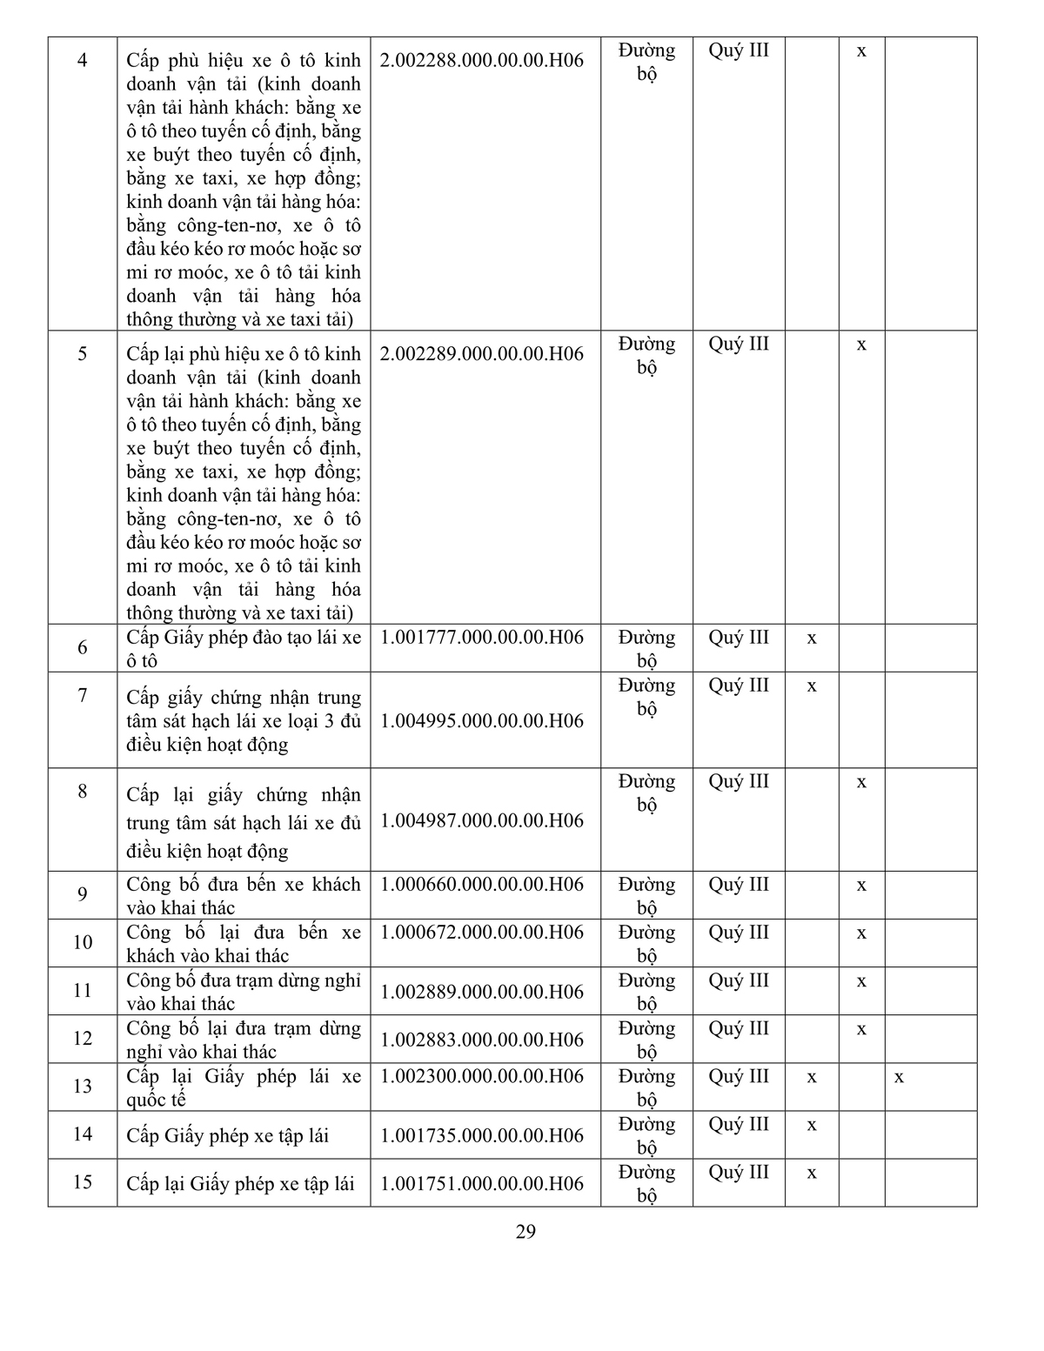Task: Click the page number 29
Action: click(x=525, y=1232)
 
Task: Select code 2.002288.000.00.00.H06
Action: click(x=482, y=61)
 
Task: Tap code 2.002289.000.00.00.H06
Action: click(x=482, y=354)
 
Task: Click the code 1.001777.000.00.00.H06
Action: click(x=482, y=637)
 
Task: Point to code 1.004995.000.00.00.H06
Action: click(x=482, y=720)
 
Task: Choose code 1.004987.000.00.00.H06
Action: click(x=482, y=820)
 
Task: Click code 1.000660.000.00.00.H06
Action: click(x=482, y=884)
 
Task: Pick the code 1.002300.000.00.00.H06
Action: click(x=482, y=1076)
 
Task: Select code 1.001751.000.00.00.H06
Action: click(x=482, y=1183)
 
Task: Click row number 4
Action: click(x=83, y=62)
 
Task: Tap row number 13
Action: click(x=83, y=1087)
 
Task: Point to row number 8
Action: click(x=83, y=792)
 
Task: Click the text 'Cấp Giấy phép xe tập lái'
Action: click(x=228, y=1135)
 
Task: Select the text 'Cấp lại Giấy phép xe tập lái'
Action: click(x=240, y=1183)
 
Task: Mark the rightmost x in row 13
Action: click(x=899, y=1077)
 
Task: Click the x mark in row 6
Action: click(x=812, y=638)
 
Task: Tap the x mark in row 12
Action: click(x=861, y=1029)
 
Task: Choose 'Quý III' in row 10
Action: click(x=739, y=933)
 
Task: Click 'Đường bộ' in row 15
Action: click(x=646, y=1183)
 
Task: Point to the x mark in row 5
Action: click(x=861, y=344)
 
